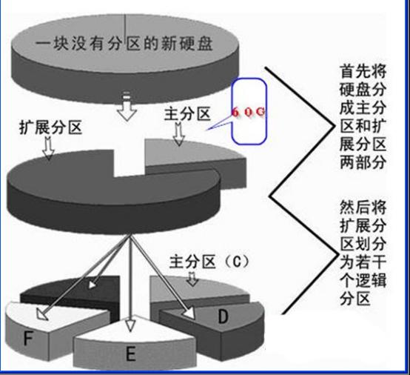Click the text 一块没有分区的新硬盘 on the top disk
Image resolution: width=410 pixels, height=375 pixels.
[x=124, y=43]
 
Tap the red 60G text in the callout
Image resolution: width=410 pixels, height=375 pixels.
[x=249, y=112]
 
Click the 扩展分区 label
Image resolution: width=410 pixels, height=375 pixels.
[x=51, y=127]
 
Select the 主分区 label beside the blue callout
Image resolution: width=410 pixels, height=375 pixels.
[x=187, y=114]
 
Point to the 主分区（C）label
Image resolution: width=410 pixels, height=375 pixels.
[x=209, y=262]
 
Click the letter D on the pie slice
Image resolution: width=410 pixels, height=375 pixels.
[x=223, y=316]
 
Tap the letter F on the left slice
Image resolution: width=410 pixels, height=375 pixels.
[x=27, y=338]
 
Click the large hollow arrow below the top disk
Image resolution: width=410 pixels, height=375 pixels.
[x=127, y=106]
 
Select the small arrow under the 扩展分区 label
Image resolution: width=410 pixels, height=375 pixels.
[x=49, y=148]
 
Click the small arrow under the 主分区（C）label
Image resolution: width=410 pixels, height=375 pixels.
[x=192, y=279]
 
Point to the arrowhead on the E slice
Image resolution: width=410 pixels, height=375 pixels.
[x=130, y=325]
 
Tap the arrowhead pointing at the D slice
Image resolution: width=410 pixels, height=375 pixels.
[x=189, y=313]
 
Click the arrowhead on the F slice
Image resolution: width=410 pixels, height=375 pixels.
[x=42, y=314]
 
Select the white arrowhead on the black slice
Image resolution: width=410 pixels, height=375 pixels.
[x=92, y=285]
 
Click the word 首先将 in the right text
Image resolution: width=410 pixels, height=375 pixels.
[x=363, y=71]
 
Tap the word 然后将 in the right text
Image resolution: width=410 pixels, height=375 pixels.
[x=363, y=207]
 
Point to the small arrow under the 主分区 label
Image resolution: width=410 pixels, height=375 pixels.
[x=179, y=134]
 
